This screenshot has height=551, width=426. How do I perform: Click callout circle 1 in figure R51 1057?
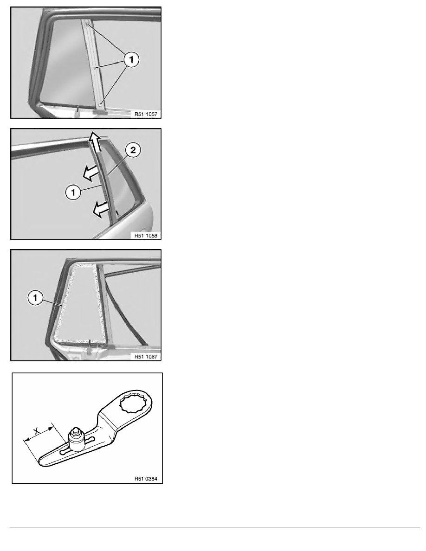click(131, 60)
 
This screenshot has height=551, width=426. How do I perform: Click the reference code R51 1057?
click(146, 114)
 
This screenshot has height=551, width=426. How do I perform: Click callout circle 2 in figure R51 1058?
click(133, 151)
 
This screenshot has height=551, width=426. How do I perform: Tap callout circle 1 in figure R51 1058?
click(73, 192)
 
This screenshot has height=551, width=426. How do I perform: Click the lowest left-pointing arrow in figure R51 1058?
click(101, 210)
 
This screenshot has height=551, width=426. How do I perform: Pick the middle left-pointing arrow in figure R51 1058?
click(91, 173)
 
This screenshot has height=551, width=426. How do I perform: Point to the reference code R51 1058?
click(146, 236)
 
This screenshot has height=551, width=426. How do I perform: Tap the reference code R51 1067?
click(146, 357)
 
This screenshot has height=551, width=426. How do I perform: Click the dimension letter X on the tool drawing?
click(36, 430)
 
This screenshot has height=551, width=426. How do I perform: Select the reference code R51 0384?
click(146, 479)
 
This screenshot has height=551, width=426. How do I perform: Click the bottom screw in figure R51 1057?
click(101, 104)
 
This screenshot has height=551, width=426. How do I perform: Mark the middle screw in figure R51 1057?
click(95, 67)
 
